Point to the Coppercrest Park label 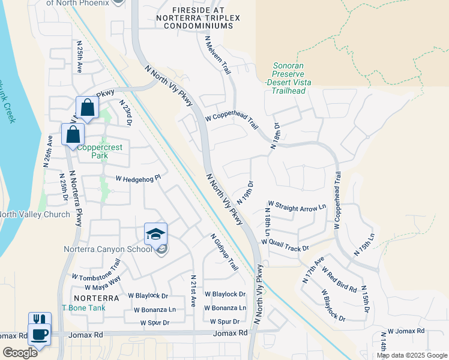pyautogui.click(x=91, y=150)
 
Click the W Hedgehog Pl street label pyautogui.click(x=139, y=178)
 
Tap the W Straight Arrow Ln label pyautogui.click(x=297, y=207)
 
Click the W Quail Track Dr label pyautogui.click(x=285, y=244)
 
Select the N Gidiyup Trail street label pyautogui.click(x=224, y=252)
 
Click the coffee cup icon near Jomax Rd pyautogui.click(x=40, y=334)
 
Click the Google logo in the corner pyautogui.click(x=20, y=352)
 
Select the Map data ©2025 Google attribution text pyautogui.click(x=411, y=355)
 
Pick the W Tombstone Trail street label pyautogui.click(x=97, y=270)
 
